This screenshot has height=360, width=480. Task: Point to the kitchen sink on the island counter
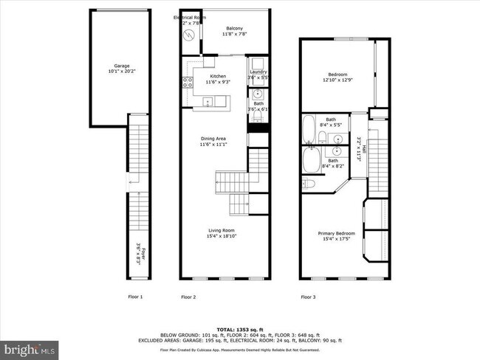[208, 102]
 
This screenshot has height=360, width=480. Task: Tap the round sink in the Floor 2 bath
[258, 94]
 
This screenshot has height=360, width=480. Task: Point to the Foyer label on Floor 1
[138, 256]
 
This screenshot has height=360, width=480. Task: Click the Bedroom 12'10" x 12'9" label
[339, 77]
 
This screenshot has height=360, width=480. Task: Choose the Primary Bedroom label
[336, 236]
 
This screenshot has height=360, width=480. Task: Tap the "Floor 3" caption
[307, 297]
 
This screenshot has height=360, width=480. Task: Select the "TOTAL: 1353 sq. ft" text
[239, 329]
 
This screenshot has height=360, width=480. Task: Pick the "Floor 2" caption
[188, 297]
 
